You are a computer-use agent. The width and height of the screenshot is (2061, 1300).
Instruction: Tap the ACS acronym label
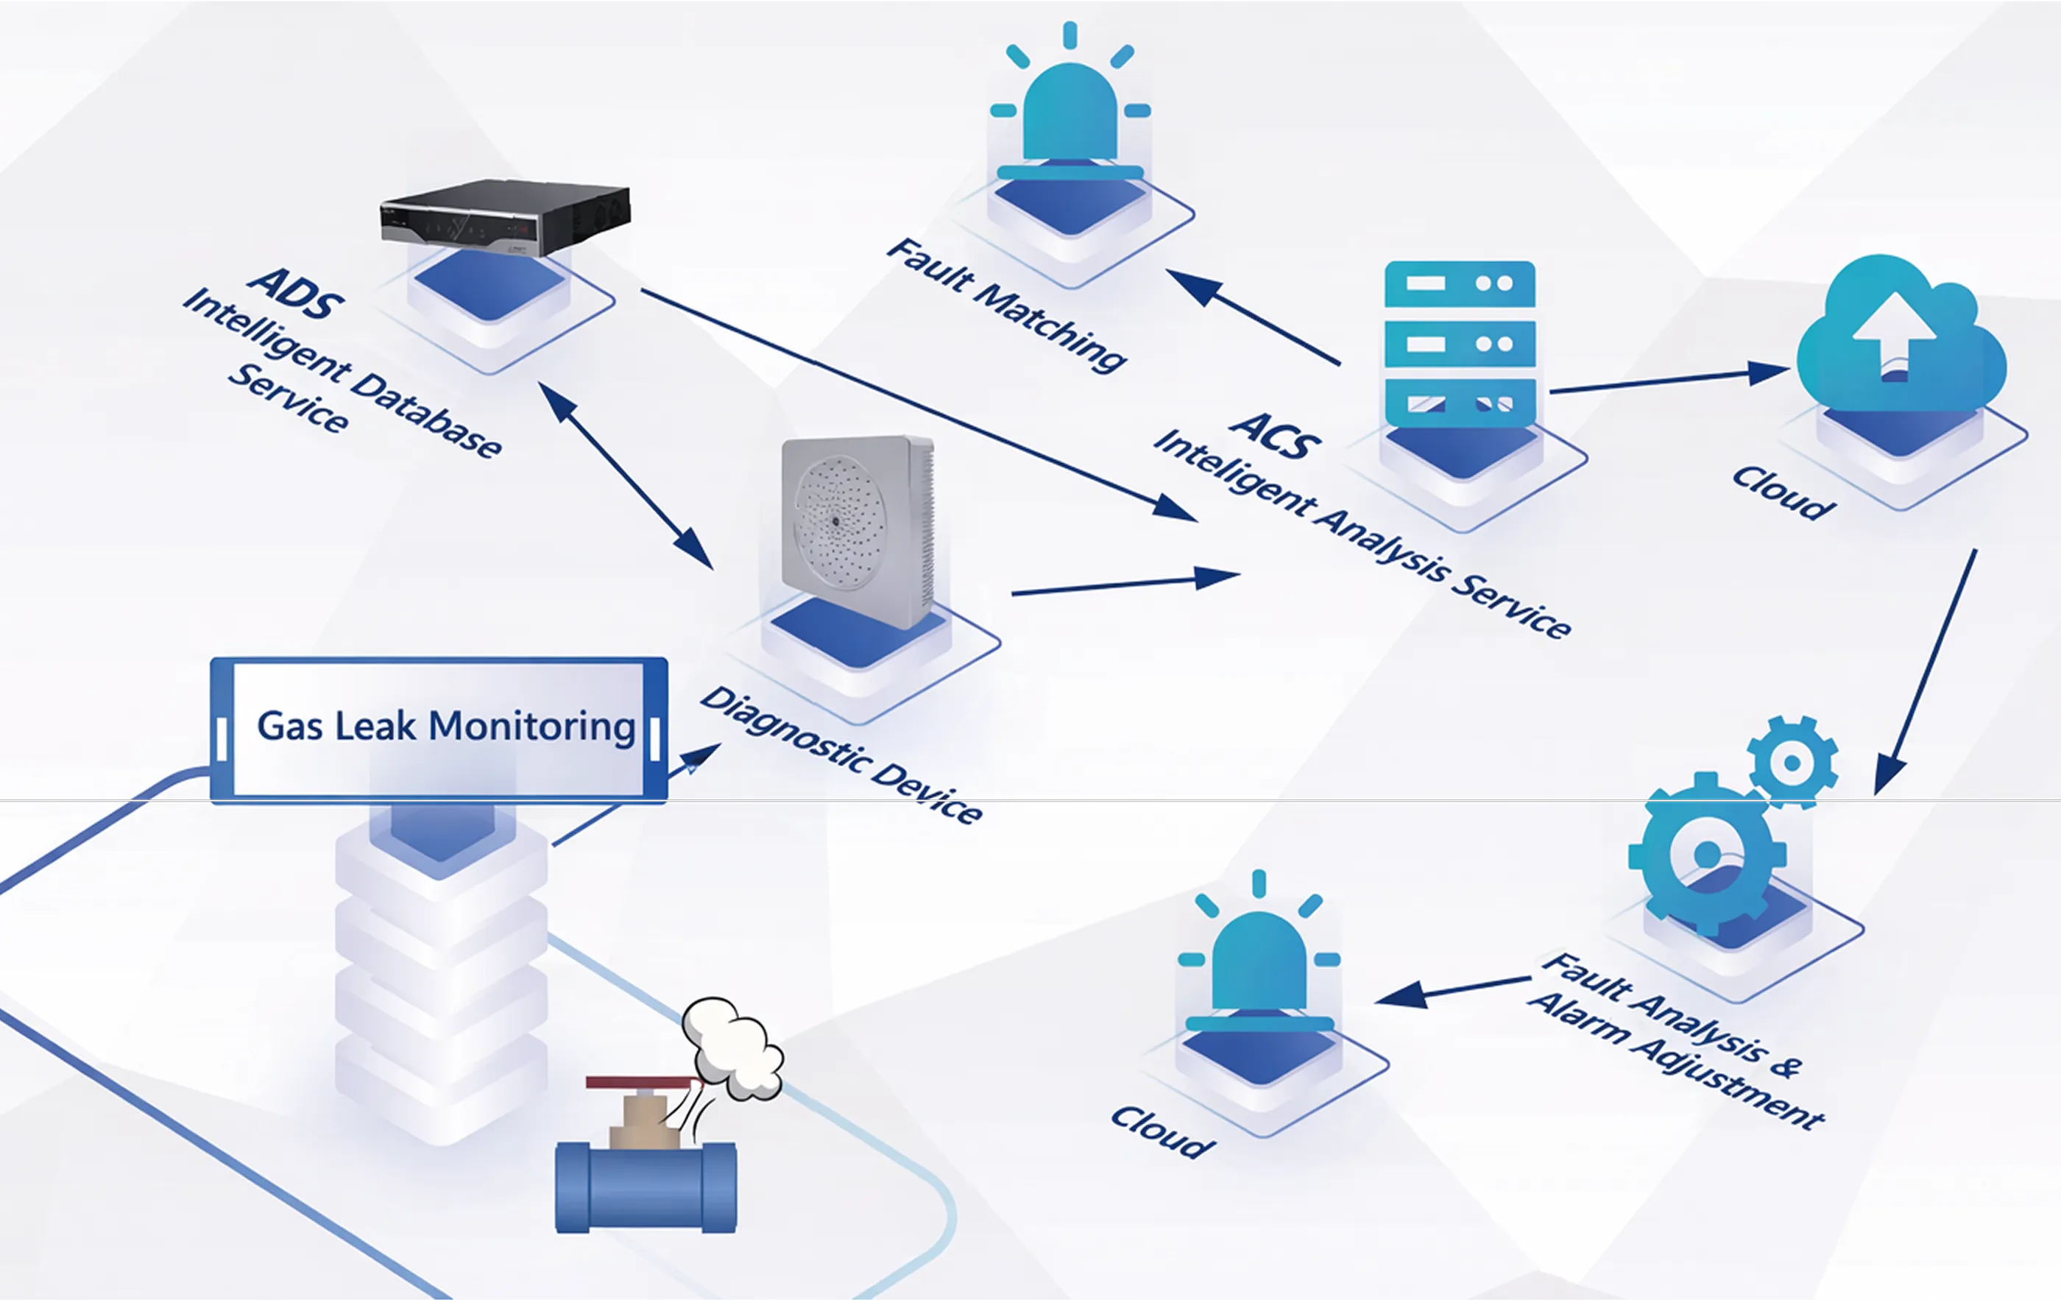(1276, 435)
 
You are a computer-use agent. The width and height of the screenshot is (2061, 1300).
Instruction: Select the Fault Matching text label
(1005, 305)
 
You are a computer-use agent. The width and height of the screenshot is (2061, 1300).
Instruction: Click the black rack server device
(506, 217)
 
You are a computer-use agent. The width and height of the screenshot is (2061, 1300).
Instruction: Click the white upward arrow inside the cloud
(1893, 335)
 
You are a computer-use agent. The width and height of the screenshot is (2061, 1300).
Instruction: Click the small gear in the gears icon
(1792, 762)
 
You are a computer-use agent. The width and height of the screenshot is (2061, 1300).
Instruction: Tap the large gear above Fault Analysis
(1707, 853)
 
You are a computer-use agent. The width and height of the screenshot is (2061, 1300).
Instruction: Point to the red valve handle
(643, 1083)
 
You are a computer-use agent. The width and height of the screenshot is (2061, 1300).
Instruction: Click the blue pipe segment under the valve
(646, 1187)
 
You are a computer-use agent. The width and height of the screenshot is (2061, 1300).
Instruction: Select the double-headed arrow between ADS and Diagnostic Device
(625, 476)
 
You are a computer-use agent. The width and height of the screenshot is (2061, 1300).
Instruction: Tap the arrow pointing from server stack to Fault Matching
(1252, 317)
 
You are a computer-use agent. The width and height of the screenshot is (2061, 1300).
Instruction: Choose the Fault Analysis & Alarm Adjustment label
(1676, 1040)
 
